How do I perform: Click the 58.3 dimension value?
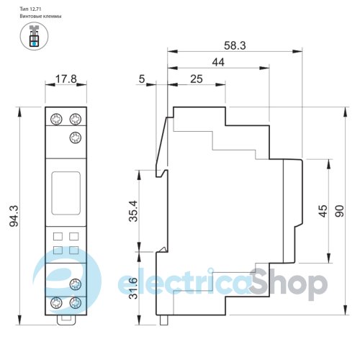(235, 45)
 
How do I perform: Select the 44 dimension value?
(218, 63)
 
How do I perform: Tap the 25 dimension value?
(197, 79)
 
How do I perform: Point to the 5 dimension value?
(142, 78)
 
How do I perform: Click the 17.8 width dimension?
(66, 79)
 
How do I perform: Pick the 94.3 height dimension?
(14, 216)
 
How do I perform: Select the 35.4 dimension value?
(133, 211)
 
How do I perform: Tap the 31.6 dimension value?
(133, 288)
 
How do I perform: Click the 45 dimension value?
(323, 211)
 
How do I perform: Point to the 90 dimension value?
(340, 211)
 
